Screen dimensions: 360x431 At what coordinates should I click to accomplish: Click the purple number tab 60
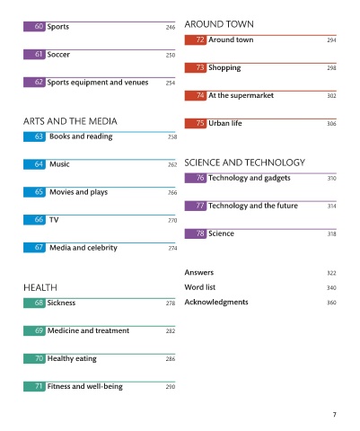point(34,27)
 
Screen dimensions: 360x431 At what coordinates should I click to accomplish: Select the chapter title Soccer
point(58,55)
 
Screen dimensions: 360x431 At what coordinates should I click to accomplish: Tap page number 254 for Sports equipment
point(171,83)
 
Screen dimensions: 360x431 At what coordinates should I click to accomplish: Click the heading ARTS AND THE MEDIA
point(70,121)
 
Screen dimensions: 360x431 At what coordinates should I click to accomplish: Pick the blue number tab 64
point(34,164)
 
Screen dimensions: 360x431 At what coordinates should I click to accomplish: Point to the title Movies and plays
point(78,192)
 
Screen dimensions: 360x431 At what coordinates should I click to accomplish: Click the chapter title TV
point(54,220)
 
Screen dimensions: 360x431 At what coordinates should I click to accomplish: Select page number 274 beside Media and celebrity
point(172,248)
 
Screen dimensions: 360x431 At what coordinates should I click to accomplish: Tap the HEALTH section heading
point(40,287)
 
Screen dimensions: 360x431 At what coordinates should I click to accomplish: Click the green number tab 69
point(34,330)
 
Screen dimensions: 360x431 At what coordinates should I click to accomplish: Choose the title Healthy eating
point(72,358)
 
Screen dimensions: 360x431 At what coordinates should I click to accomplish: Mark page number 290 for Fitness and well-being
point(171,387)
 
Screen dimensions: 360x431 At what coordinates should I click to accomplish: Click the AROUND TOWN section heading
point(219,24)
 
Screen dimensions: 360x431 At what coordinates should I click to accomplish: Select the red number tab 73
point(196,68)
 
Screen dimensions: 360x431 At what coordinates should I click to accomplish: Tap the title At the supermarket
point(241,95)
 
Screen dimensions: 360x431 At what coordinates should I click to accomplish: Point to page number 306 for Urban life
point(331,124)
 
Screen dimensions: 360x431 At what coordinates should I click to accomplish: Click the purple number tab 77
point(196,206)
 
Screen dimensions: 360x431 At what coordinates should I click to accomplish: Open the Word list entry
point(200,287)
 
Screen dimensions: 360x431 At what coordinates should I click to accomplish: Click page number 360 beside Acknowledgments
point(331,303)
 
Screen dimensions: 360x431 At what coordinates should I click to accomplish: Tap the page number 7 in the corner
point(335,415)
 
